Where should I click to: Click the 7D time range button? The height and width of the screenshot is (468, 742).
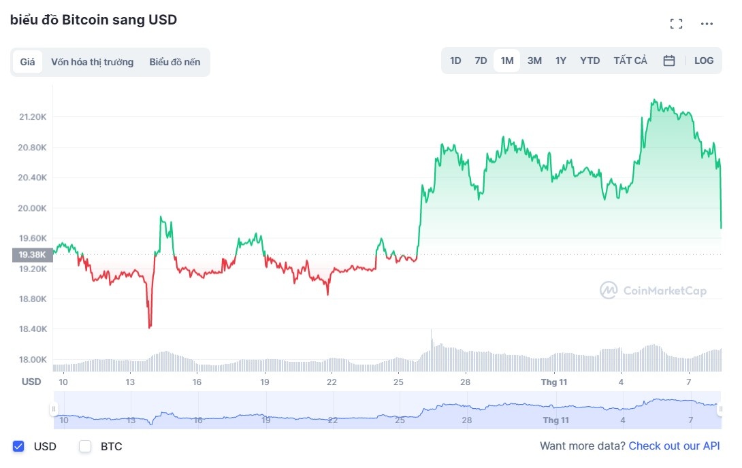tap(481, 61)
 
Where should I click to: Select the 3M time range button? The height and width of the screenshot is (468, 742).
tap(534, 61)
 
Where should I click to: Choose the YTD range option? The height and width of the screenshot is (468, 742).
tap(590, 61)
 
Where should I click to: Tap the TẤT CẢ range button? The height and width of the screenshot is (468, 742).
tap(630, 61)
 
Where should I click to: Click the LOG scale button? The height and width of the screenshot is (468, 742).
tap(704, 61)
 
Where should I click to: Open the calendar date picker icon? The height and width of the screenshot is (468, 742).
tap(669, 61)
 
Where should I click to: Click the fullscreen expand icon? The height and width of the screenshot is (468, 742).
tap(676, 24)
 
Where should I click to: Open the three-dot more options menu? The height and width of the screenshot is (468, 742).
tap(707, 24)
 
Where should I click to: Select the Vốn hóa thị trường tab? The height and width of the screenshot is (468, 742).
tap(92, 62)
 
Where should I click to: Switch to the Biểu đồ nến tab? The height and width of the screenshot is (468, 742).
tap(175, 62)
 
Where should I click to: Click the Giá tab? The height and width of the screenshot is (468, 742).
tap(27, 62)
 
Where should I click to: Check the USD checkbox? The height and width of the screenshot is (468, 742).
tap(19, 447)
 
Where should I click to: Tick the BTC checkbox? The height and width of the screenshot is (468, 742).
tap(85, 447)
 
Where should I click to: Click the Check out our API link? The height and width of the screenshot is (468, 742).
tap(674, 446)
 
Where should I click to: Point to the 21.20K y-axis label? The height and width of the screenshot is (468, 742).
tap(33, 117)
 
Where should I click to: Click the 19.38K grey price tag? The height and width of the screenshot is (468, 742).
tap(32, 255)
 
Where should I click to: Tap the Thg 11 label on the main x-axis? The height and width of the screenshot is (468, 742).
tap(554, 382)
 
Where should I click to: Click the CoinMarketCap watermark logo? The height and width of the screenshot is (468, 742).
tap(653, 291)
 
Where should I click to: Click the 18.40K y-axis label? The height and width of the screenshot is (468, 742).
tap(33, 329)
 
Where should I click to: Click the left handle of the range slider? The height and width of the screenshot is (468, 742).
tap(53, 409)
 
